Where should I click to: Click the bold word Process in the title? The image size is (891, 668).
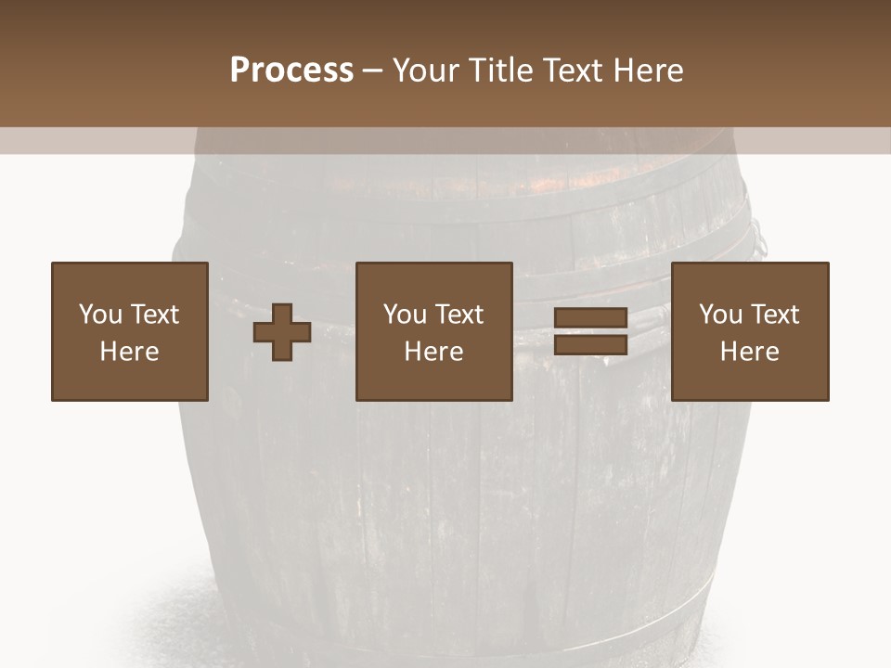[291, 71]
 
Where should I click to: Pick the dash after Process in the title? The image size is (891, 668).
[373, 71]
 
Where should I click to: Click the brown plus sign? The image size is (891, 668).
[282, 332]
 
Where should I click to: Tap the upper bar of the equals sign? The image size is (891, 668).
[590, 319]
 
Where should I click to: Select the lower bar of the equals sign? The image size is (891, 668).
[590, 345]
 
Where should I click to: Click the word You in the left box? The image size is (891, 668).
[99, 315]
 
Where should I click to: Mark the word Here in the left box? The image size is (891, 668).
[129, 352]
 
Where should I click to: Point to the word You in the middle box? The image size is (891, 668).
[405, 315]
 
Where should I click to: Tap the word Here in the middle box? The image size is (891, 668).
[433, 352]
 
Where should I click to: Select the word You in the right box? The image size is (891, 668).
[720, 315]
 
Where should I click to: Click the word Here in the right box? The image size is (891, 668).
[749, 352]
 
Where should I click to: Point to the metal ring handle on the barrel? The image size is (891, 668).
[759, 238]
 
